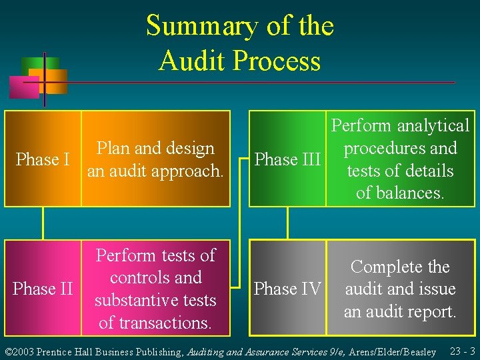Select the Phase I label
43,159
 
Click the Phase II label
43,289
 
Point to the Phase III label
288,159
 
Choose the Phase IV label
288,289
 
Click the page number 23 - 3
462,351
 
